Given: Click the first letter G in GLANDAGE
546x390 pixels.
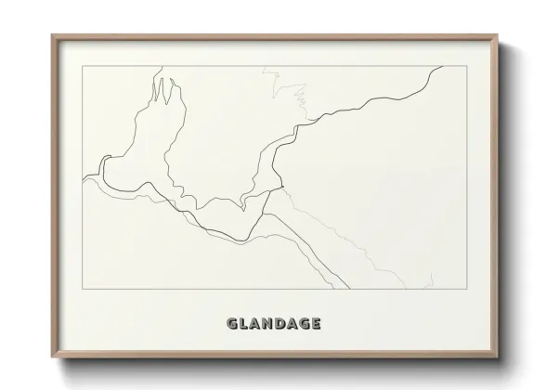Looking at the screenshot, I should (x=232, y=324).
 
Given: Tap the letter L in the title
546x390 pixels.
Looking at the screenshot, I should (x=244, y=324).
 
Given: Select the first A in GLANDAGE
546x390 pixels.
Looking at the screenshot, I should (x=256, y=324).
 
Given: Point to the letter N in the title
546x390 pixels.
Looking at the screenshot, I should (x=269, y=324).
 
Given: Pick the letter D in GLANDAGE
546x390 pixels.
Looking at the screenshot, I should (x=281, y=324).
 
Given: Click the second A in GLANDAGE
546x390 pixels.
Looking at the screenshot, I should (x=293, y=324).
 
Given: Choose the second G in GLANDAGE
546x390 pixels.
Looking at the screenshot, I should (x=305, y=324).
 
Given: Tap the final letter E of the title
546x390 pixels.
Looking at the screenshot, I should (x=318, y=324).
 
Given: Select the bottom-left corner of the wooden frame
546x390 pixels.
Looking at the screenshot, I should (x=52, y=357).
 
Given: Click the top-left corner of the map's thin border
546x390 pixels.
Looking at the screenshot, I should (x=84, y=66).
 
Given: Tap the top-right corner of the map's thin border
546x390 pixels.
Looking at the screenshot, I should (x=464, y=66).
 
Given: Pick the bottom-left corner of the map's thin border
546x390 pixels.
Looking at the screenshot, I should (x=84, y=290).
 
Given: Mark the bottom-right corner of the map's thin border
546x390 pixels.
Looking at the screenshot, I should (x=464, y=290).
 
